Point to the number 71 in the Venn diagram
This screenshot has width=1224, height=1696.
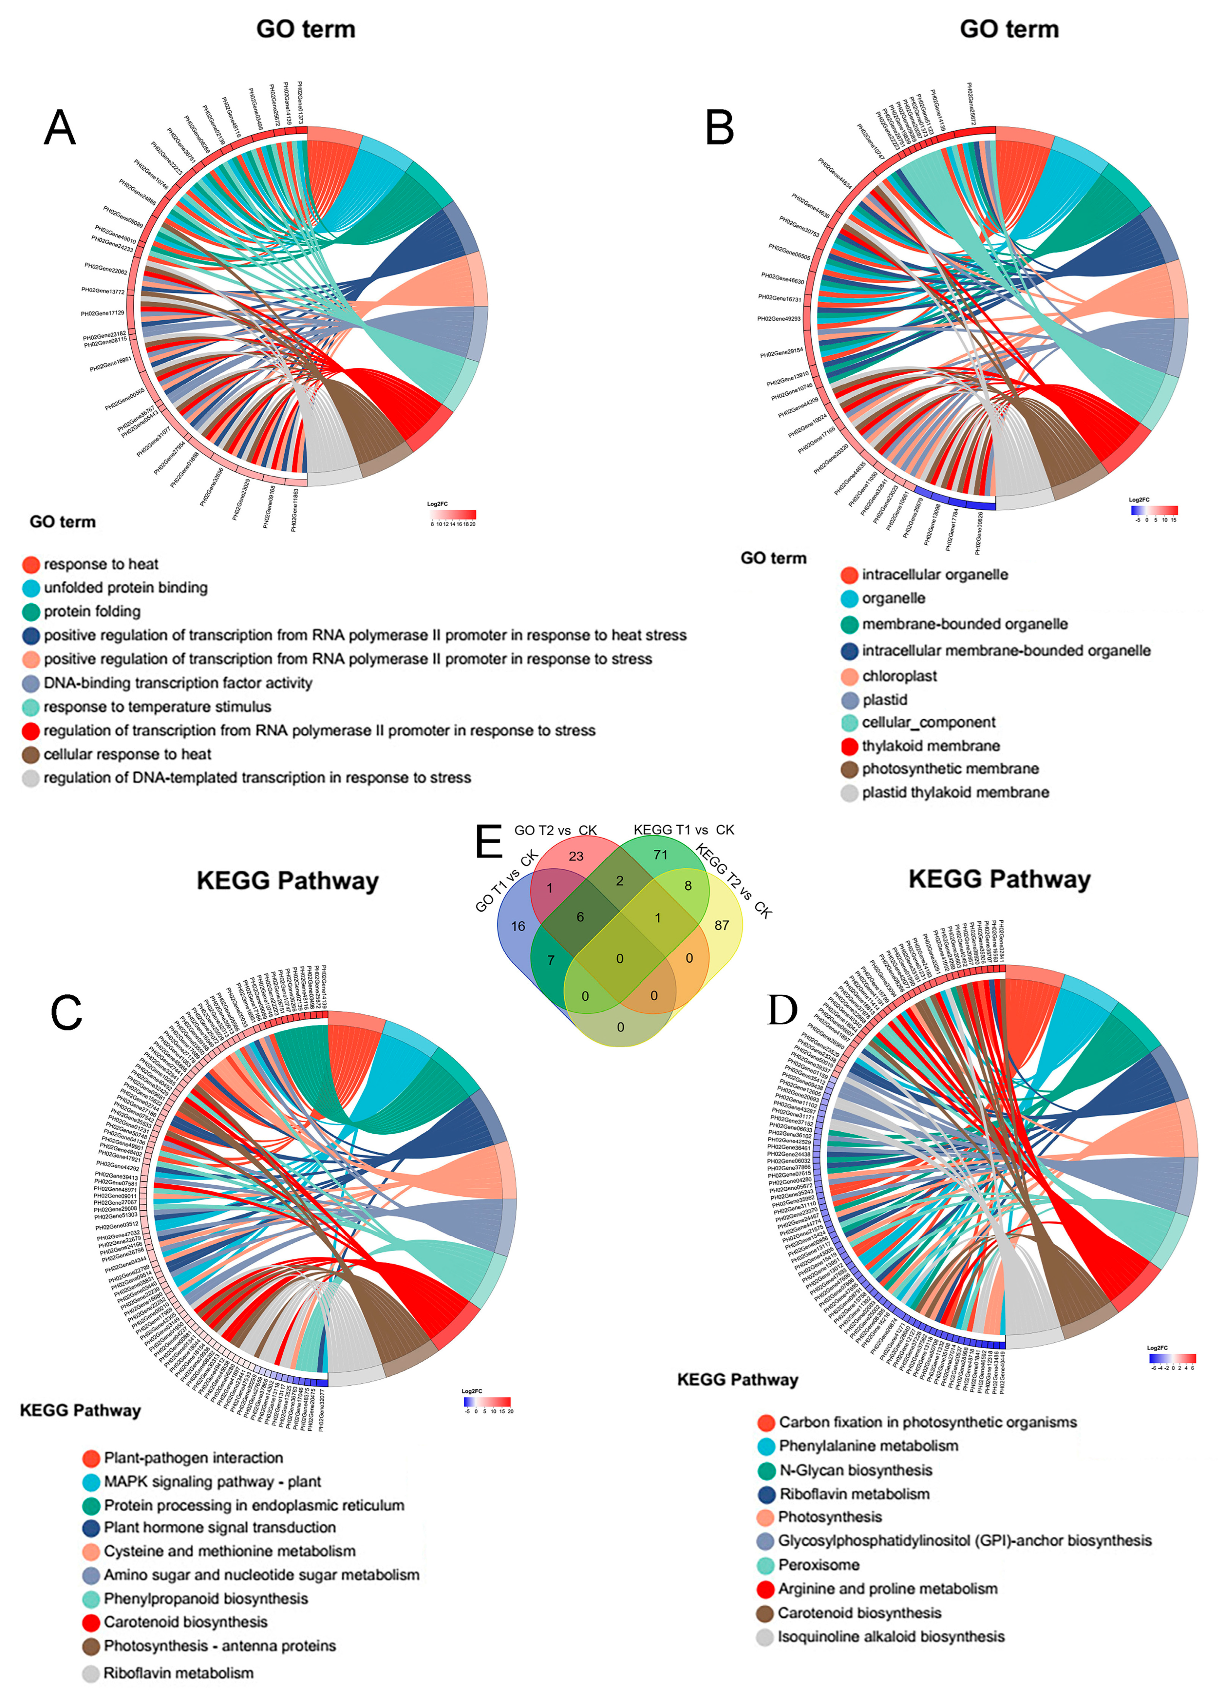660,855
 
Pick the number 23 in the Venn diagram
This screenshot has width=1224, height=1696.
575,856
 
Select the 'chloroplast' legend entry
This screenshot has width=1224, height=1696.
898,676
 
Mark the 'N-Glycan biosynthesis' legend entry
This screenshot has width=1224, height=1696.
855,1470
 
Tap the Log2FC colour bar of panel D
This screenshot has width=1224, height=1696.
1173,1359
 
